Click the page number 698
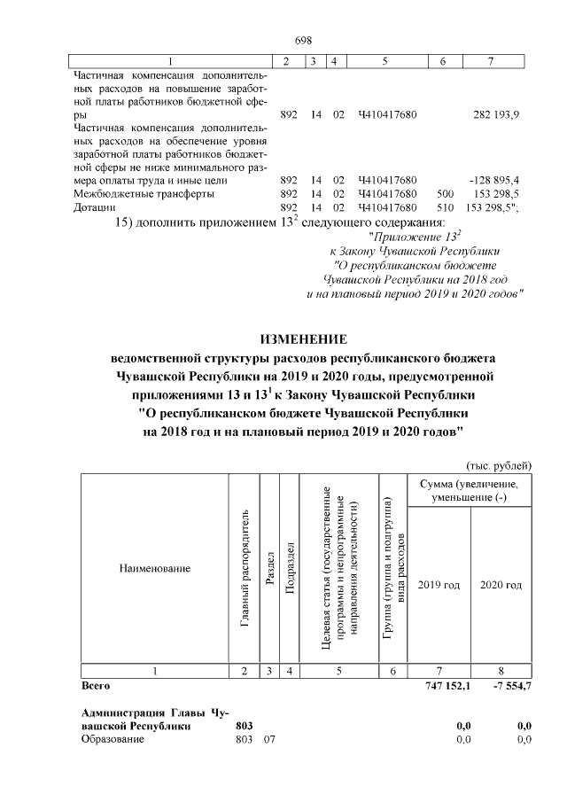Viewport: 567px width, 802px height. click(304, 40)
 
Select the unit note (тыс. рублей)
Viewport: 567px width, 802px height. click(499, 464)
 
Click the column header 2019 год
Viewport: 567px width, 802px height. click(439, 585)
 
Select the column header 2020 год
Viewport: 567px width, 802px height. click(501, 585)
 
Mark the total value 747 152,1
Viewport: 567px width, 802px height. click(448, 687)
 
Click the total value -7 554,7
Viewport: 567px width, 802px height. click(512, 687)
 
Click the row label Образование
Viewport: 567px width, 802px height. click(113, 739)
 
